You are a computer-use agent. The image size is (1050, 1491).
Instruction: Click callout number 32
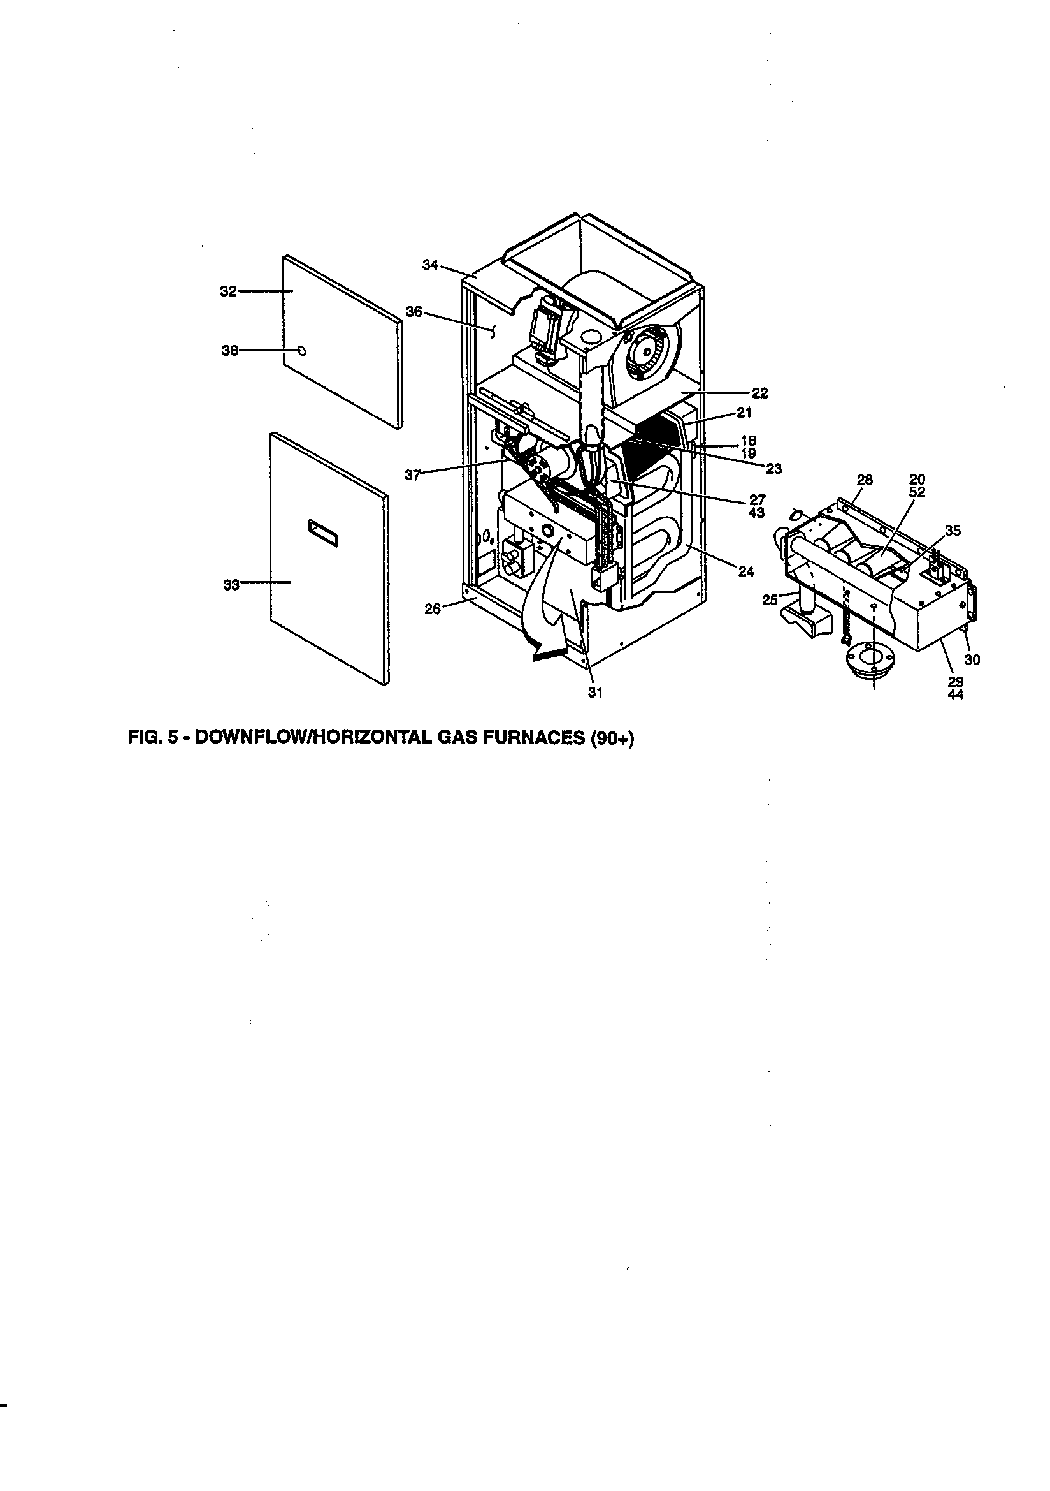pos(228,292)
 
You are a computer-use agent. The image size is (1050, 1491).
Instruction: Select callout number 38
pos(231,351)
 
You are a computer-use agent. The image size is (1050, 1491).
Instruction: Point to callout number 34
pos(430,265)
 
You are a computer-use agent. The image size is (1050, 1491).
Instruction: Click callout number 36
pos(414,312)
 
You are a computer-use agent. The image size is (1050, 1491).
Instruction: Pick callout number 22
pos(760,393)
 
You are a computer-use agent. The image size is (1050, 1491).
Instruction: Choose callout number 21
pos(744,413)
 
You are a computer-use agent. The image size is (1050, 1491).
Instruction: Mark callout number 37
pos(413,474)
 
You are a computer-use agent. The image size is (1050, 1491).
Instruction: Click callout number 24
pos(746,571)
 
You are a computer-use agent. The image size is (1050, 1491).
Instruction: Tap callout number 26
pos(432,608)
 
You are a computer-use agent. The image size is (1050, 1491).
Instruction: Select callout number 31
pos(596,693)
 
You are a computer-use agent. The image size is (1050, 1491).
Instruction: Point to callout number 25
pos(770,600)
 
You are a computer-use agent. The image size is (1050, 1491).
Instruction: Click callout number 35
pos(952,531)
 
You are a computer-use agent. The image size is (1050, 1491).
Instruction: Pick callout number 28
pos(865,481)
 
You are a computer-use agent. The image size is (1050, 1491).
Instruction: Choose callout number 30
pos(972,660)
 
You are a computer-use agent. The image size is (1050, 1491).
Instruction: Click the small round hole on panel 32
pos(301,351)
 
